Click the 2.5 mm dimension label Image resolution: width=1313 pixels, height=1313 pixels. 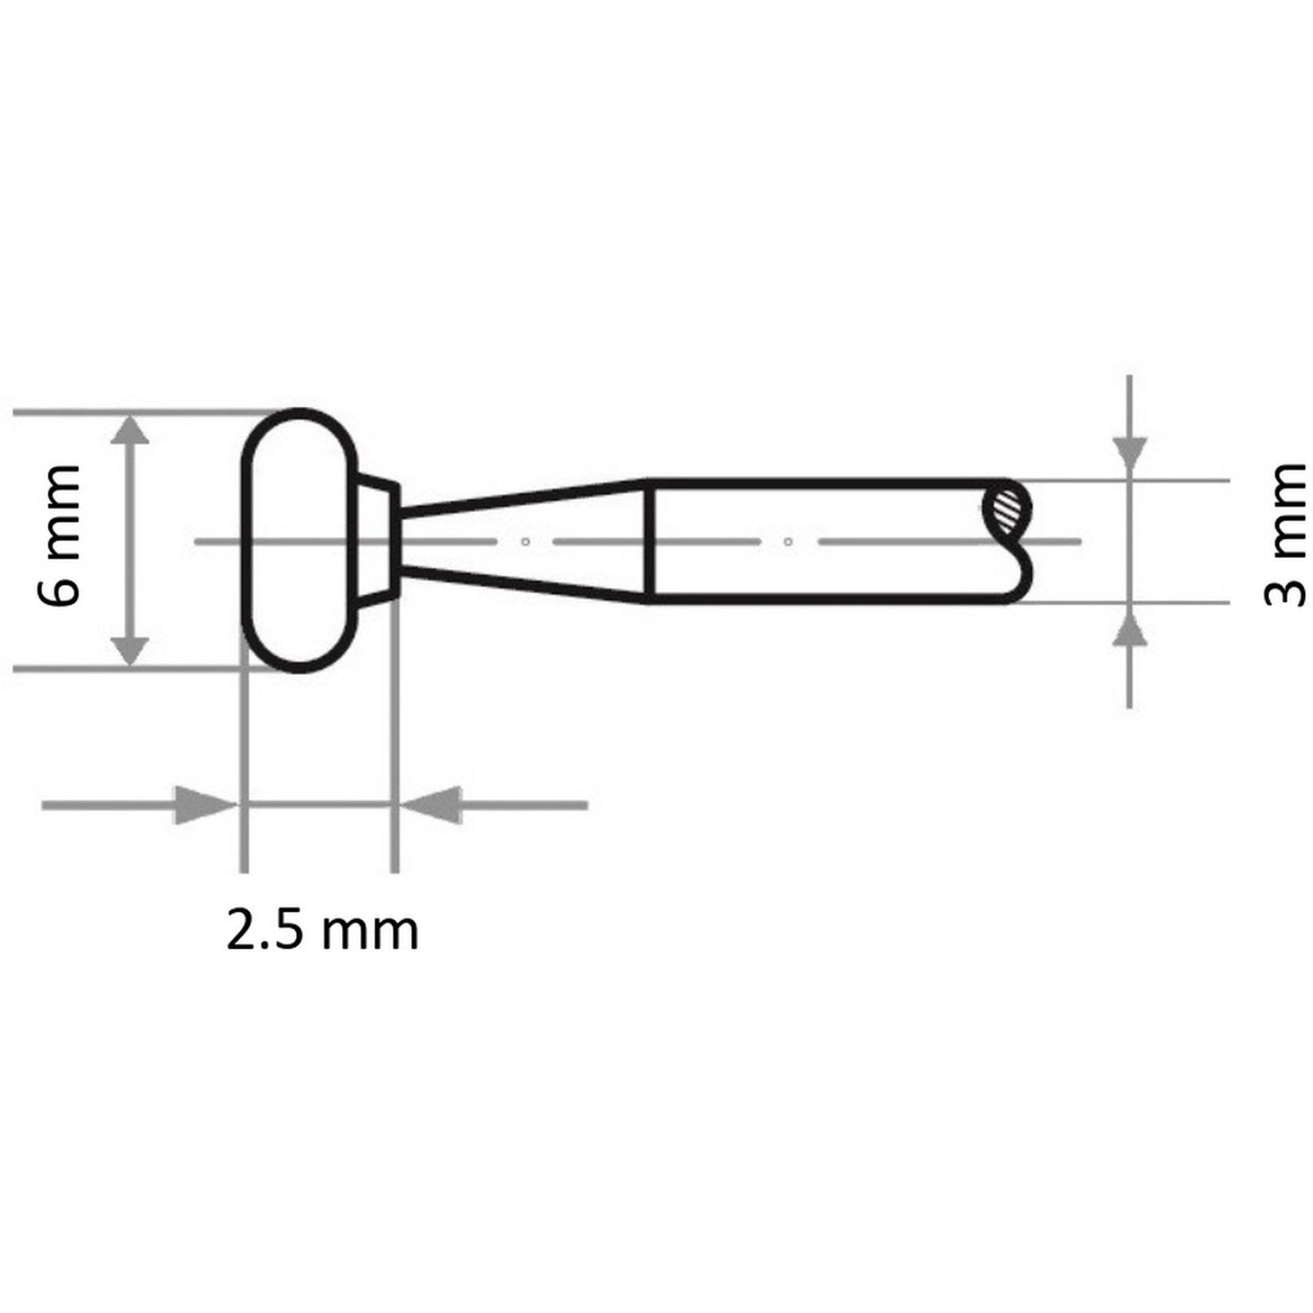click(x=322, y=931)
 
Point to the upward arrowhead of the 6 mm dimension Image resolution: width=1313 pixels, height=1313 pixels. click(x=129, y=432)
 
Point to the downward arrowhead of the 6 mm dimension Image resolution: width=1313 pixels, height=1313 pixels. click(x=129, y=650)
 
